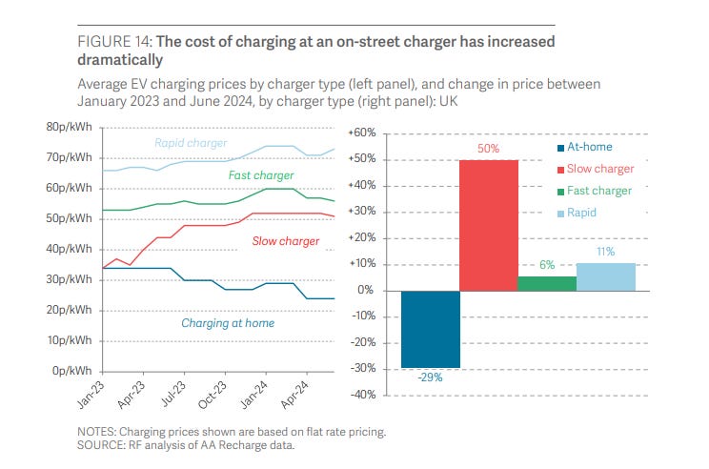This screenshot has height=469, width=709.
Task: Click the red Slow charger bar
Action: point(490,225)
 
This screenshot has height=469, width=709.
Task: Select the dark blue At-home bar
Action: point(430,329)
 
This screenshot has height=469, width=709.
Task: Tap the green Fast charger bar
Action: point(546,283)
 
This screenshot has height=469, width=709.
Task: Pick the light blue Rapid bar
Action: point(605,276)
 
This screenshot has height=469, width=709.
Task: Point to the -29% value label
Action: point(430,377)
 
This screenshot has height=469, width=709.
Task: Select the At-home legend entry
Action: point(585,148)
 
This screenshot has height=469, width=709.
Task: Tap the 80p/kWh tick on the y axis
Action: point(72,128)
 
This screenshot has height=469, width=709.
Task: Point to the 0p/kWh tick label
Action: point(76,371)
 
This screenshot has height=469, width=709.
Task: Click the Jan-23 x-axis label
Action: point(91,390)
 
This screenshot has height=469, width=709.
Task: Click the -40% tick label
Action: point(365,395)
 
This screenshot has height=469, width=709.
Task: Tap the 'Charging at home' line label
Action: point(228,323)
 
